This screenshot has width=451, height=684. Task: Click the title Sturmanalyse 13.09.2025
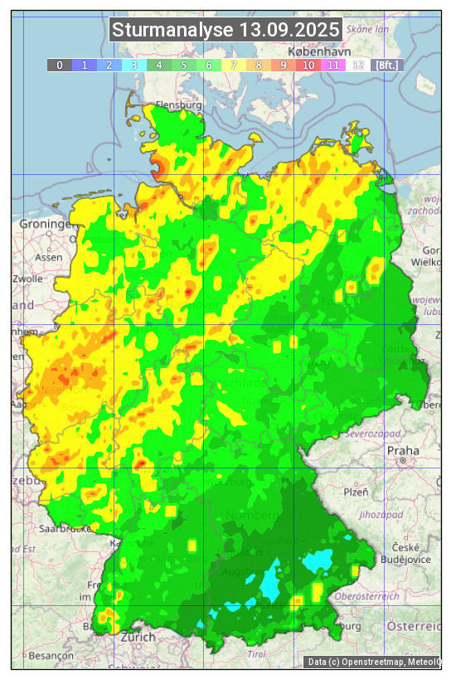225,31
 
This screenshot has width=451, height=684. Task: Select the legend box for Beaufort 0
60,65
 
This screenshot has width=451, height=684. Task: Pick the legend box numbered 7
234,65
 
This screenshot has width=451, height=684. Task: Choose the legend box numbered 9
284,65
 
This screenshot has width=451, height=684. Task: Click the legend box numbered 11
333,65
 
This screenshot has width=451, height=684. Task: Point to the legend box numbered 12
358,65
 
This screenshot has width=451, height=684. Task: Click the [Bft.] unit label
386,65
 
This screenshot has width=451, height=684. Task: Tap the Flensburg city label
178,106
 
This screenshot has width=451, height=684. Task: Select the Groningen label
47,225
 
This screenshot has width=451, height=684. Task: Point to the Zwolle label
27,279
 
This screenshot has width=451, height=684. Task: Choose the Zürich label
138,638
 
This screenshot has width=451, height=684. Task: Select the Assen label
50,257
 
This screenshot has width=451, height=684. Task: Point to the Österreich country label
415,624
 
